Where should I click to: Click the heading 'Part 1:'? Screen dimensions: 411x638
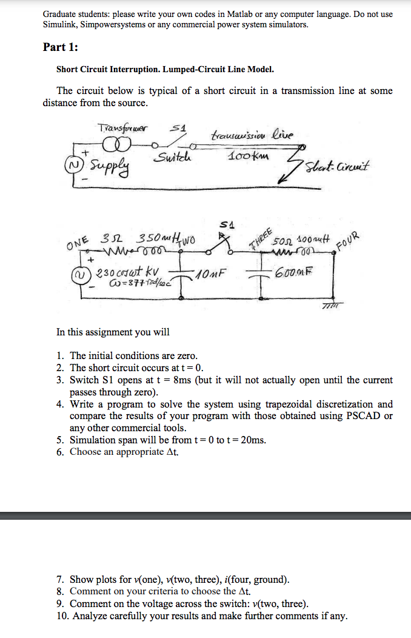(60, 47)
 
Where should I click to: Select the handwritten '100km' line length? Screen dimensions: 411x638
(249, 156)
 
